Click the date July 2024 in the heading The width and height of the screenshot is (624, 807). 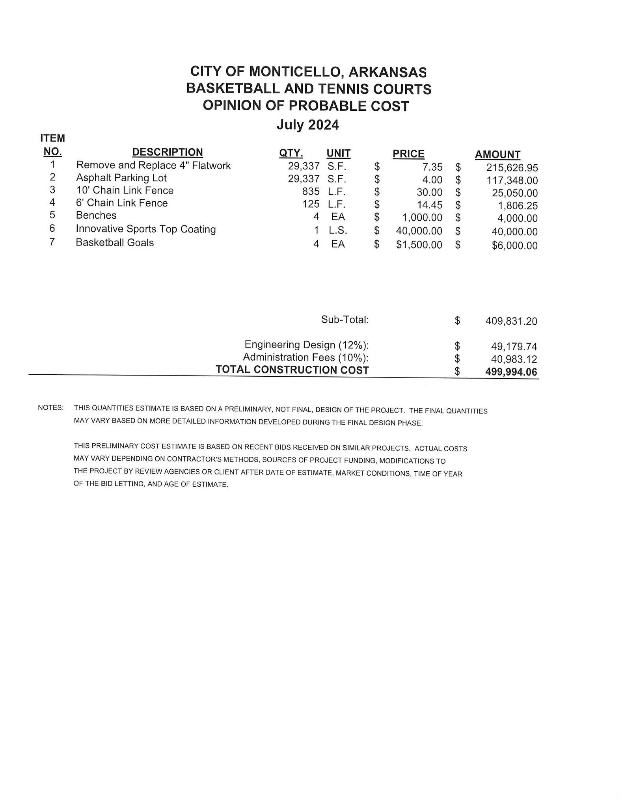coord(307,125)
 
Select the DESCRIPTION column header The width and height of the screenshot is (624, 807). coord(167,152)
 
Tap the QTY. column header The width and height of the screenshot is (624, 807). coord(291,153)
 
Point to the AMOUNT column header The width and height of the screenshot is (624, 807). coord(497,154)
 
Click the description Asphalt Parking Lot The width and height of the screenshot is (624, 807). coord(121,178)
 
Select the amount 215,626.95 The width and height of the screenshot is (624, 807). coord(512,168)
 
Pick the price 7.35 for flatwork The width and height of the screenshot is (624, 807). coord(432,167)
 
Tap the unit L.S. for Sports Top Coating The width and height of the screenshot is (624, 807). coord(338,230)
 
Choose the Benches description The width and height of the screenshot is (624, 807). coord(96,216)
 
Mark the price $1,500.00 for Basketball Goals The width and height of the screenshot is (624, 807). coord(419,245)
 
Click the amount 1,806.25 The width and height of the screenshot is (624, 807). coord(518,206)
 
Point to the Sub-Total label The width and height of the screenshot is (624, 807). coord(345,320)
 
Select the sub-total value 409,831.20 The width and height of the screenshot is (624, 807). coord(511,321)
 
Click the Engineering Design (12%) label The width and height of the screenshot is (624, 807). coord(307,345)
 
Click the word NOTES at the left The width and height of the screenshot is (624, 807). coord(50,407)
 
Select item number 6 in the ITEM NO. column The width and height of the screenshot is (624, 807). coord(52,229)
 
